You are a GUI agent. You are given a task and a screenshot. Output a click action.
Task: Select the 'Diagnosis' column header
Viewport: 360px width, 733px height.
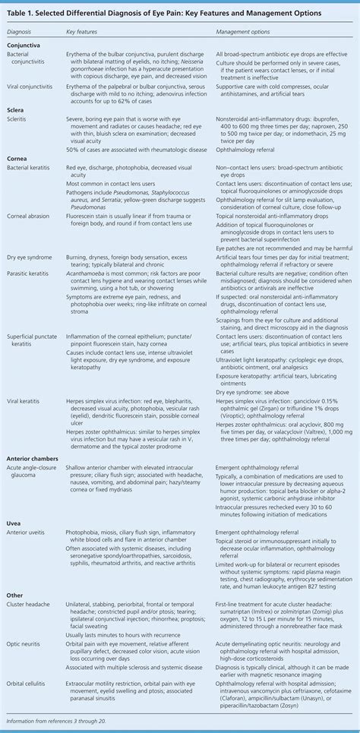click(21, 33)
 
